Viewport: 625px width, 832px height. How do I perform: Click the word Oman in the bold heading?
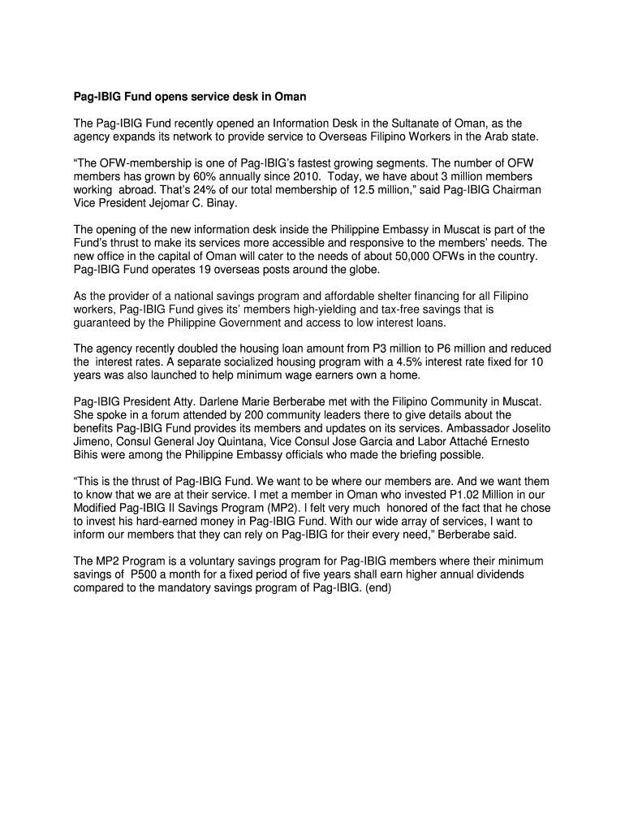[x=289, y=97]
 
